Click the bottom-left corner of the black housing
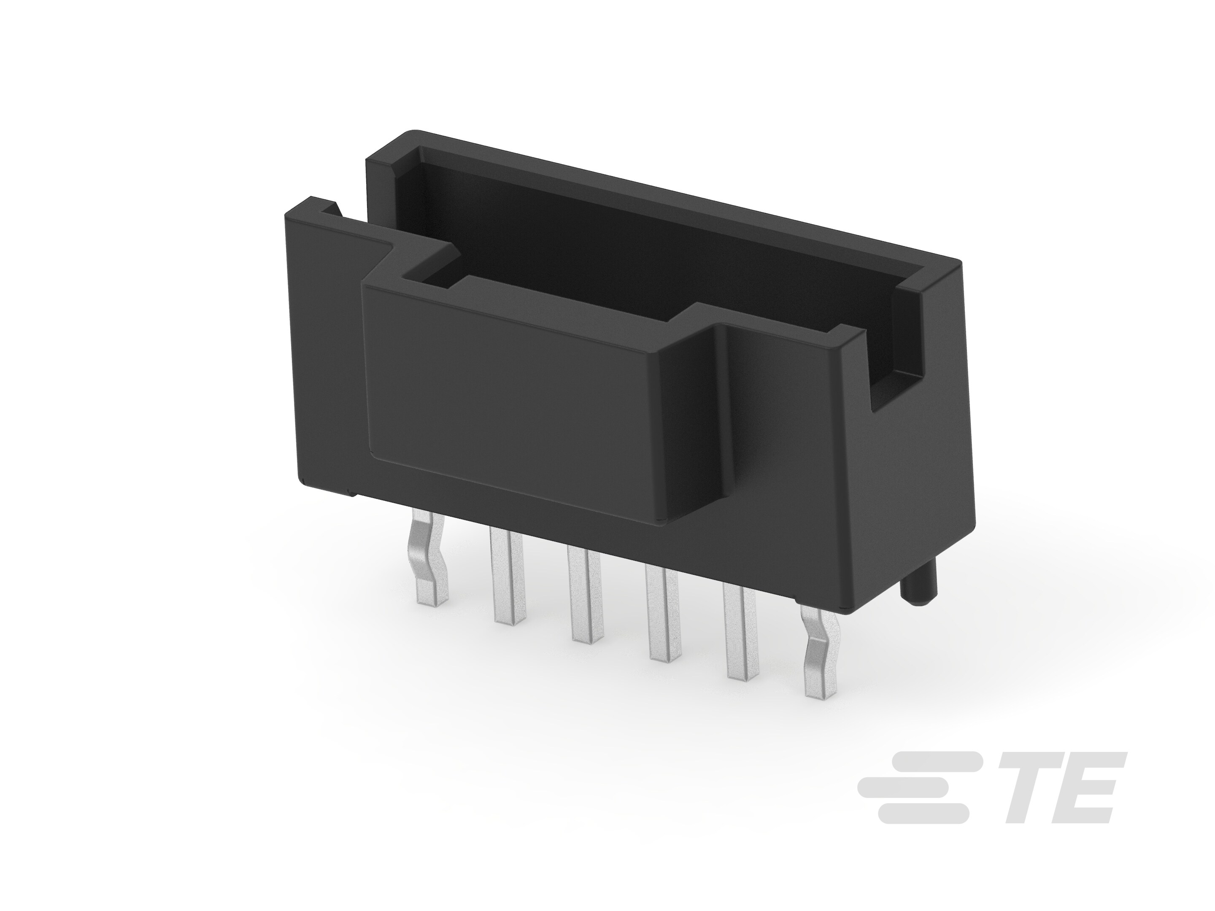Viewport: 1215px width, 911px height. click(303, 482)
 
